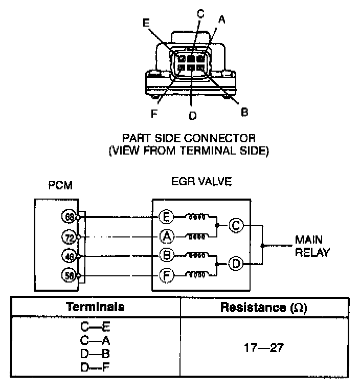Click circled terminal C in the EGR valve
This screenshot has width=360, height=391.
pyautogui.click(x=236, y=225)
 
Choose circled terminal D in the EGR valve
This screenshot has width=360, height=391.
pyautogui.click(x=236, y=264)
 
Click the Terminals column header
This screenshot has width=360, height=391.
pyautogui.click(x=96, y=307)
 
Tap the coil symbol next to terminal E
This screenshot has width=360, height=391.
pyautogui.click(x=196, y=217)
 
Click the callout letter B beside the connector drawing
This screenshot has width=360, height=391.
pyautogui.click(x=244, y=111)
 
